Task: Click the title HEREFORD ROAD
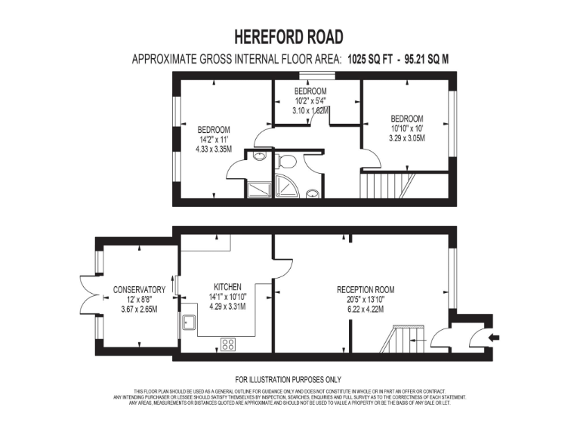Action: click(289, 36)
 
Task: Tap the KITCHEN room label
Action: click(227, 287)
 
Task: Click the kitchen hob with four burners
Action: click(227, 344)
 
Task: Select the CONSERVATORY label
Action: click(139, 289)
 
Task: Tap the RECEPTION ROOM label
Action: click(366, 289)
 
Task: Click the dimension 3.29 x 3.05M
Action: click(406, 138)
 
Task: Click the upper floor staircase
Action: click(387, 184)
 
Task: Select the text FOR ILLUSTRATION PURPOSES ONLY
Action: click(289, 379)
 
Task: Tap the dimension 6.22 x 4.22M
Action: click(366, 308)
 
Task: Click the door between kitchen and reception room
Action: click(274, 292)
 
